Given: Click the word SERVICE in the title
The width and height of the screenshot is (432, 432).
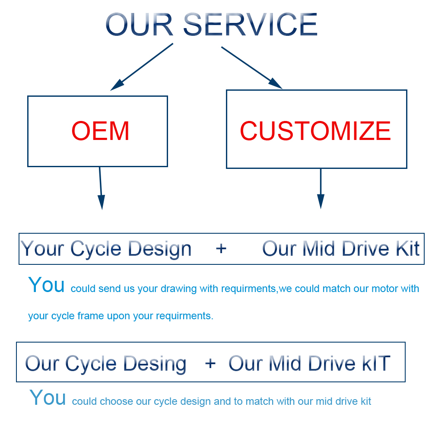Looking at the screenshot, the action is [x=250, y=25].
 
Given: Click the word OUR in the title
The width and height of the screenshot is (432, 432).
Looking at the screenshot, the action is [x=140, y=25].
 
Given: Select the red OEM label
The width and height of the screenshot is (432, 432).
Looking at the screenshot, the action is [x=100, y=131].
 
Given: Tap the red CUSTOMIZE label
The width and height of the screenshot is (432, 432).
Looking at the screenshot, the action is [x=315, y=131].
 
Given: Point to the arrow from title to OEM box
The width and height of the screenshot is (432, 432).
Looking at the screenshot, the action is [x=142, y=67].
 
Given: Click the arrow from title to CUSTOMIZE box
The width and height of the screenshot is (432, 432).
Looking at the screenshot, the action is [x=252, y=68].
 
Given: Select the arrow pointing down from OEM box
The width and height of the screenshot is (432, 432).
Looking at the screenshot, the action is [x=101, y=188].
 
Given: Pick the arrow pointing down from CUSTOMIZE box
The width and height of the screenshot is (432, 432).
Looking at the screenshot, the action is [x=321, y=188].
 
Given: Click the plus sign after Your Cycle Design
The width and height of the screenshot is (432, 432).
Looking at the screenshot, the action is [x=221, y=248].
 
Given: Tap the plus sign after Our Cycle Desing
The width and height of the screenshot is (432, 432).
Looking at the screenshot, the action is [x=210, y=363].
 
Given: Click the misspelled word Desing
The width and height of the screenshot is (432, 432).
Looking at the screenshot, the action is [x=155, y=364].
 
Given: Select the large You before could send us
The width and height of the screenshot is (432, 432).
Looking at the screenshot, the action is [x=46, y=285].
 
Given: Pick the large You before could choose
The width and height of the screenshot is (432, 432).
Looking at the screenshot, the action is [x=48, y=397].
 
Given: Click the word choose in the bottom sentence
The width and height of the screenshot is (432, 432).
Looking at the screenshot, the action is [x=116, y=401].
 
